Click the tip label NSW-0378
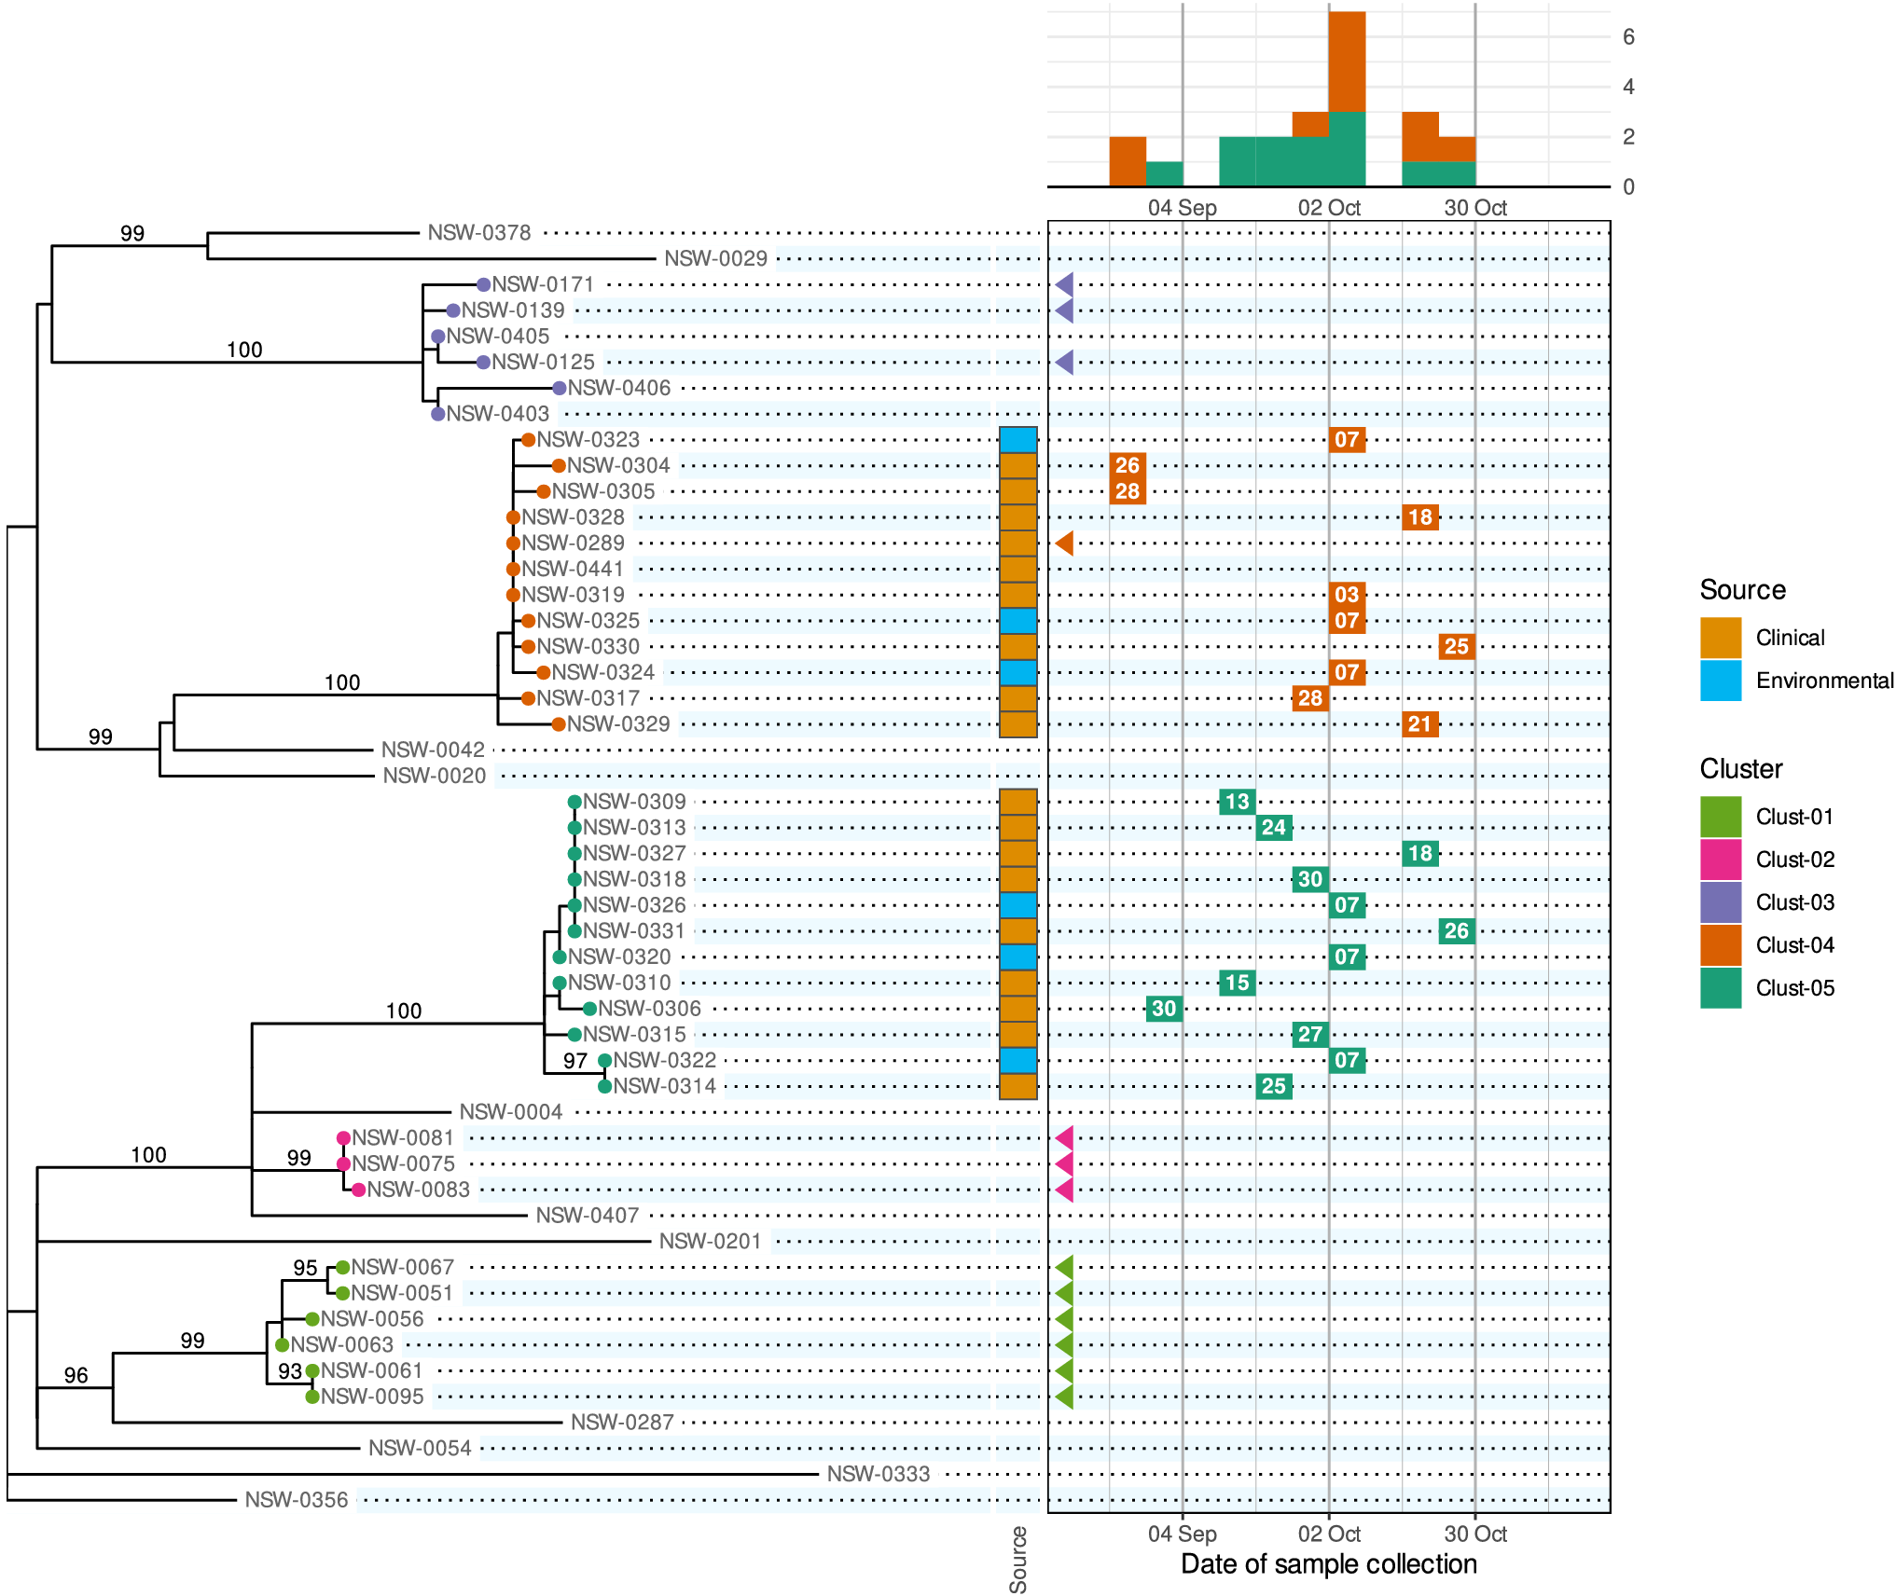tap(478, 233)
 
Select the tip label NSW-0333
tap(878, 1474)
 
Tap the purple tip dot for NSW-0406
tap(559, 388)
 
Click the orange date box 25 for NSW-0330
tap(1456, 646)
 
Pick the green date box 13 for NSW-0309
tap(1237, 802)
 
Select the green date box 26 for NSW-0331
tap(1456, 930)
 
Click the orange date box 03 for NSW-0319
tap(1346, 595)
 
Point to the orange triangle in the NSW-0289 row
tap(1064, 543)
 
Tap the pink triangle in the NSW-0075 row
tap(1064, 1163)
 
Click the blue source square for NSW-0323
tap(1017, 440)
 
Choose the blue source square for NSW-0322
tap(1017, 1060)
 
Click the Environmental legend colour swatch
tap(1720, 681)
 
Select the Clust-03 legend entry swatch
tap(1720, 902)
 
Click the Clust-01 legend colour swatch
tap(1720, 817)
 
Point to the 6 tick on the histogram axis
tap(1628, 37)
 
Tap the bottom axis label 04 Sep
tap(1182, 1534)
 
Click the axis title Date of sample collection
tap(1328, 1564)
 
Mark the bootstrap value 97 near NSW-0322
tap(574, 1061)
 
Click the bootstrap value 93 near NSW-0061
tap(289, 1371)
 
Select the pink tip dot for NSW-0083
tap(358, 1190)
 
